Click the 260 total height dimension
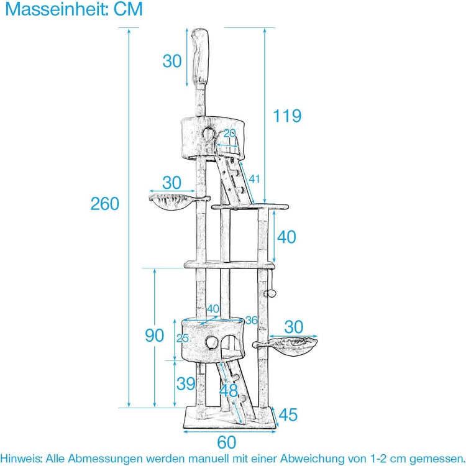tap(104, 203)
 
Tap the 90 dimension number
tap(155, 335)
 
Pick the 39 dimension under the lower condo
tap(186, 383)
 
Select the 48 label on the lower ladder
tap(229, 391)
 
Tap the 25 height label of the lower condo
tap(182, 339)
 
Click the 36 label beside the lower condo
tap(250, 320)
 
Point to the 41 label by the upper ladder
tap(254, 179)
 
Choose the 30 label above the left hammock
tap(171, 183)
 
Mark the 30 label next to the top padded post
tap(172, 61)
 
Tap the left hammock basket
tap(170, 203)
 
